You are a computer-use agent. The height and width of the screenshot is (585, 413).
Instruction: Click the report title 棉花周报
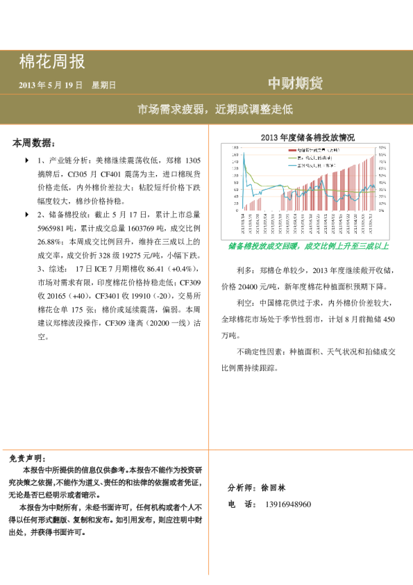tap(52, 63)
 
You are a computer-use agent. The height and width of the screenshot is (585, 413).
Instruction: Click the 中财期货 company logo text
tap(295, 84)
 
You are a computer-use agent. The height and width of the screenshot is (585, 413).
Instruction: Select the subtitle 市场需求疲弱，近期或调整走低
tap(214, 109)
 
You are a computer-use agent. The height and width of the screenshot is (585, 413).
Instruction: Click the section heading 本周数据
tap(33, 143)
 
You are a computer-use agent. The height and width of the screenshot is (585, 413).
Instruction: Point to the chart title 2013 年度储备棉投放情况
tap(307, 138)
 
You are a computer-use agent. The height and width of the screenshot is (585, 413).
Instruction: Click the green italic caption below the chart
tap(307, 246)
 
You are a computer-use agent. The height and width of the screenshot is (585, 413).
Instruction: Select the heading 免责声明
tap(26, 459)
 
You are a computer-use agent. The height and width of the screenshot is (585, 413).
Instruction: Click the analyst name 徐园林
tap(276, 488)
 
